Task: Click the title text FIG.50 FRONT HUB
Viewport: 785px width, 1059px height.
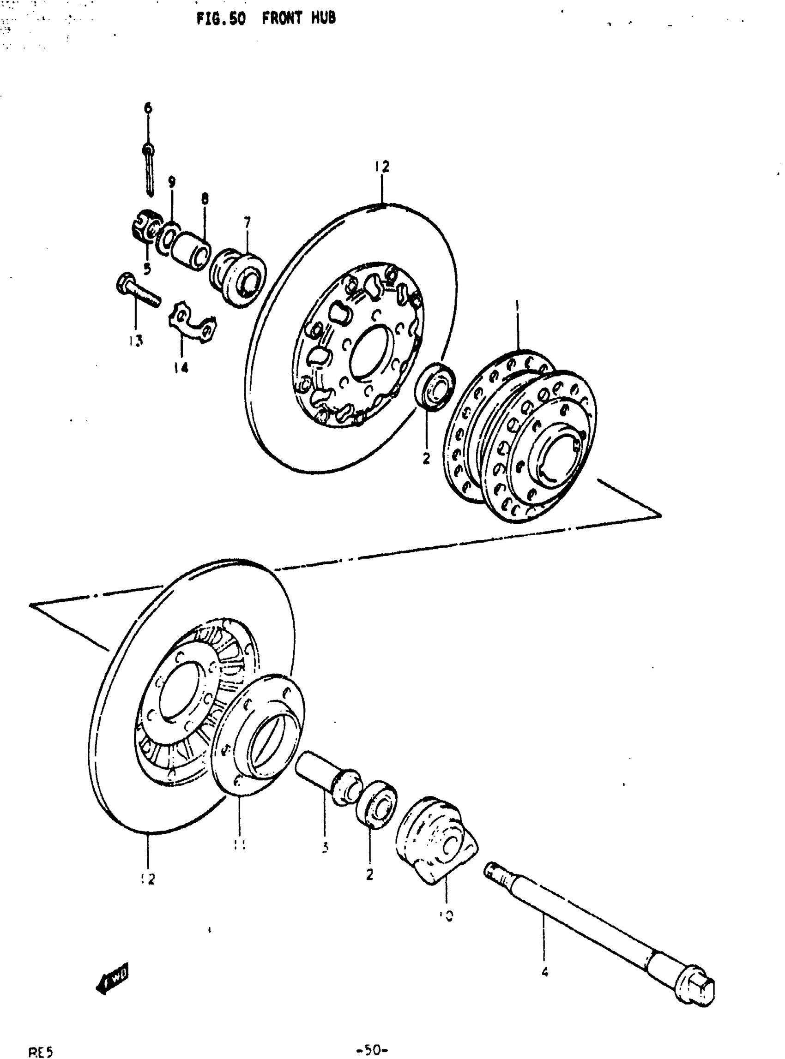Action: coord(266,19)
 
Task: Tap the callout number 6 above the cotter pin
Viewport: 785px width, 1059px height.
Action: coord(148,108)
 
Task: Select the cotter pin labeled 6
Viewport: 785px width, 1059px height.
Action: coord(149,171)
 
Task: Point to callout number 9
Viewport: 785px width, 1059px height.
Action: coord(171,181)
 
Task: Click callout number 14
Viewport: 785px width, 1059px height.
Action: coord(181,367)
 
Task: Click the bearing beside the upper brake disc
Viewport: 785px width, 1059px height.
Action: coord(435,385)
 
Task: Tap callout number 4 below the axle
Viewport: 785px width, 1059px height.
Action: coord(544,972)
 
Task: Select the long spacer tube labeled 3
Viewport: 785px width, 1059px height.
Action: coord(327,777)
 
